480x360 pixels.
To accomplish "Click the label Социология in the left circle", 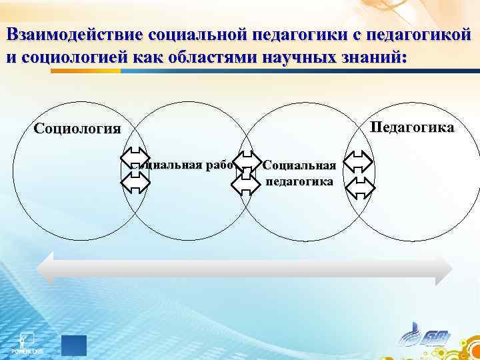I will click(x=77, y=128).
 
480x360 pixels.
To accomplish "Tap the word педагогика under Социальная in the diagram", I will click(x=300, y=181).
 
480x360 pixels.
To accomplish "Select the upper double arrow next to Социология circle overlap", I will click(x=136, y=159).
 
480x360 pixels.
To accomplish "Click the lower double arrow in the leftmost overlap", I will click(x=136, y=181).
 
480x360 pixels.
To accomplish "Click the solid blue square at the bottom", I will click(x=74, y=345).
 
